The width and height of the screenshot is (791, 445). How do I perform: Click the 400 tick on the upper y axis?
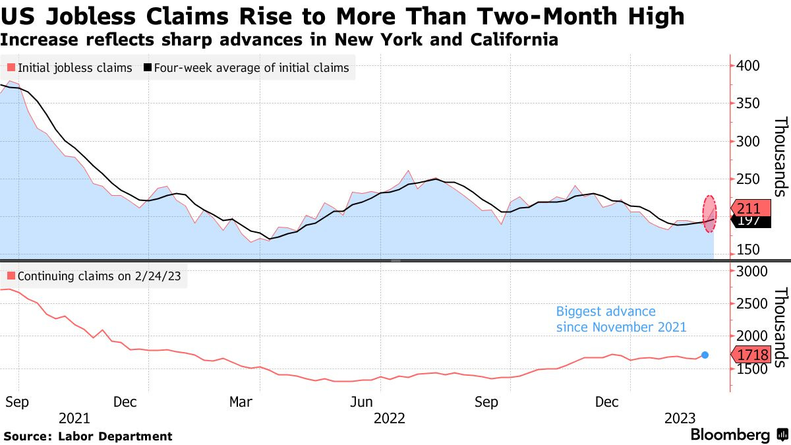coord(748,66)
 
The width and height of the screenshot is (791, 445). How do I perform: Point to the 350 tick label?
coord(748,104)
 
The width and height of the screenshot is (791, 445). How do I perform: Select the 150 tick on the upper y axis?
coord(748,250)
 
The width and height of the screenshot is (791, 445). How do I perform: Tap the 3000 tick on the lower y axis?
coord(751,272)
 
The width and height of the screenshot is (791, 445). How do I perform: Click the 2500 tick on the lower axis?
coord(751,304)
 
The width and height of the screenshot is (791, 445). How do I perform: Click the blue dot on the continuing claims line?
coord(705,355)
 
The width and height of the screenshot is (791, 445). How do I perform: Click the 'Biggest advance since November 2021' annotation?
coord(621,319)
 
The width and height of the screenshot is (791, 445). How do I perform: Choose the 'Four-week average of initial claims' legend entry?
coord(247,68)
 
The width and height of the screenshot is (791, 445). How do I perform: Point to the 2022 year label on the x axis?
coord(389,418)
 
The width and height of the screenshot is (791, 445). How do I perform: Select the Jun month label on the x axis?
coord(364,401)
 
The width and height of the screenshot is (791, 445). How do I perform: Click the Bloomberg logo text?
coord(730,435)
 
